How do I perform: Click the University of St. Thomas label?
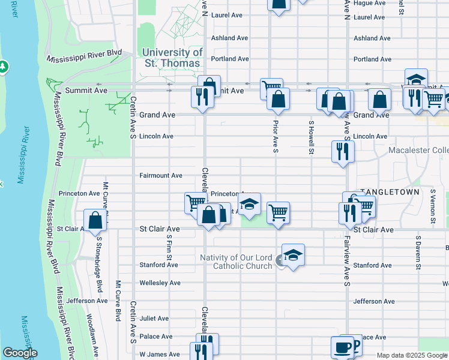(x=173, y=58)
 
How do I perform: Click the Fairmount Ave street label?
(x=160, y=176)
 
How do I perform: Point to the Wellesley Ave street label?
(x=160, y=283)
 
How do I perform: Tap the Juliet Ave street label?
(x=154, y=319)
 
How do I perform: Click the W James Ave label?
(x=160, y=355)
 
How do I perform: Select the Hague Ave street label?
(x=369, y=3)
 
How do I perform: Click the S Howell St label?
(x=311, y=137)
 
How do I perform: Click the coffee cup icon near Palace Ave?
(x=342, y=347)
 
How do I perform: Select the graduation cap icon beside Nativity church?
(x=293, y=254)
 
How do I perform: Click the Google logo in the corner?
(x=20, y=353)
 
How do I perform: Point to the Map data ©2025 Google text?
(x=412, y=355)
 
